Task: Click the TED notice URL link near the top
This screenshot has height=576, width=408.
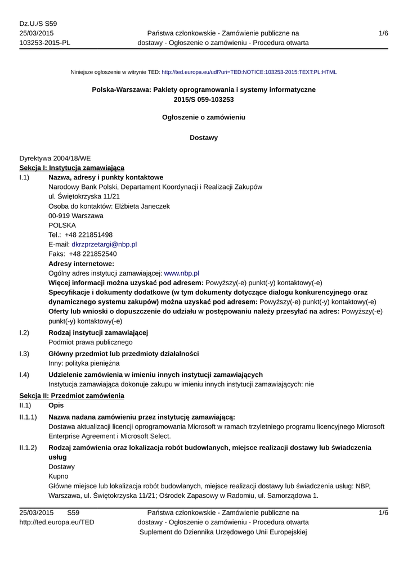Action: (249, 72)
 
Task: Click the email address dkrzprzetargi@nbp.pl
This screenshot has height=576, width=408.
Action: (104, 245)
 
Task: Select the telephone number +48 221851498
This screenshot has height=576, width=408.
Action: (88, 235)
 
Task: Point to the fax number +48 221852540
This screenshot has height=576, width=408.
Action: (93, 254)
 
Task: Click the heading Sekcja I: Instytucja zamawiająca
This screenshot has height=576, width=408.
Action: (71, 168)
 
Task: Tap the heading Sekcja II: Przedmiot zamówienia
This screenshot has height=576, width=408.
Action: (71, 396)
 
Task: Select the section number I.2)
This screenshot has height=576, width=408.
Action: (24, 333)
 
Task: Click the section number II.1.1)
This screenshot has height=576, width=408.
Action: (28, 417)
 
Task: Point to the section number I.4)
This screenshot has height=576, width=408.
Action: (24, 375)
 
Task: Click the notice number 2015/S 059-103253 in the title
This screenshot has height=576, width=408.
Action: (204, 100)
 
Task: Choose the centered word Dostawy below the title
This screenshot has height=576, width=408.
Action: (204, 138)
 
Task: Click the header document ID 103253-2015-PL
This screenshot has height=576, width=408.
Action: (44, 43)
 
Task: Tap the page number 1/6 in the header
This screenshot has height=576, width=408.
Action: (383, 33)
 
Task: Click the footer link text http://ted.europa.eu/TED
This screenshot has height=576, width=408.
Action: (57, 523)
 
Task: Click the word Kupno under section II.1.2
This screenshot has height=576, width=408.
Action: (59, 476)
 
